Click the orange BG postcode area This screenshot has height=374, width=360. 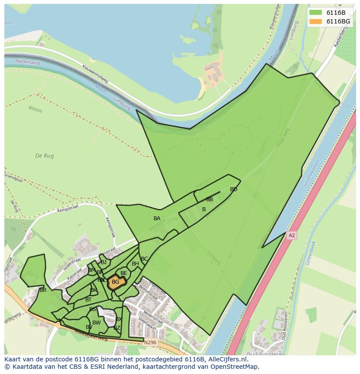click(116, 282)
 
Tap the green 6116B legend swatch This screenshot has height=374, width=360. click(316, 12)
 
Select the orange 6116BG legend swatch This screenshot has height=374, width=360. click(316, 21)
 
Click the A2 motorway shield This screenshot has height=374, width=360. click(291, 235)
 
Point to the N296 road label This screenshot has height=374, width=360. click(150, 342)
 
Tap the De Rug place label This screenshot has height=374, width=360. click(44, 156)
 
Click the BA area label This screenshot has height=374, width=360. click(157, 218)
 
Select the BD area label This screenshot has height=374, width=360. click(233, 189)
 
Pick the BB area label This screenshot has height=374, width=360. click(210, 199)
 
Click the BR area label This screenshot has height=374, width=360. click(43, 290)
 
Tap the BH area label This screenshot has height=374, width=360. click(135, 264)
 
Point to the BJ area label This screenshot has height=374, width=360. click(103, 262)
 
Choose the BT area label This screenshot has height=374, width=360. click(88, 300)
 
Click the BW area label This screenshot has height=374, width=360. click(96, 323)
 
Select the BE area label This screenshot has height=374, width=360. click(124, 273)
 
